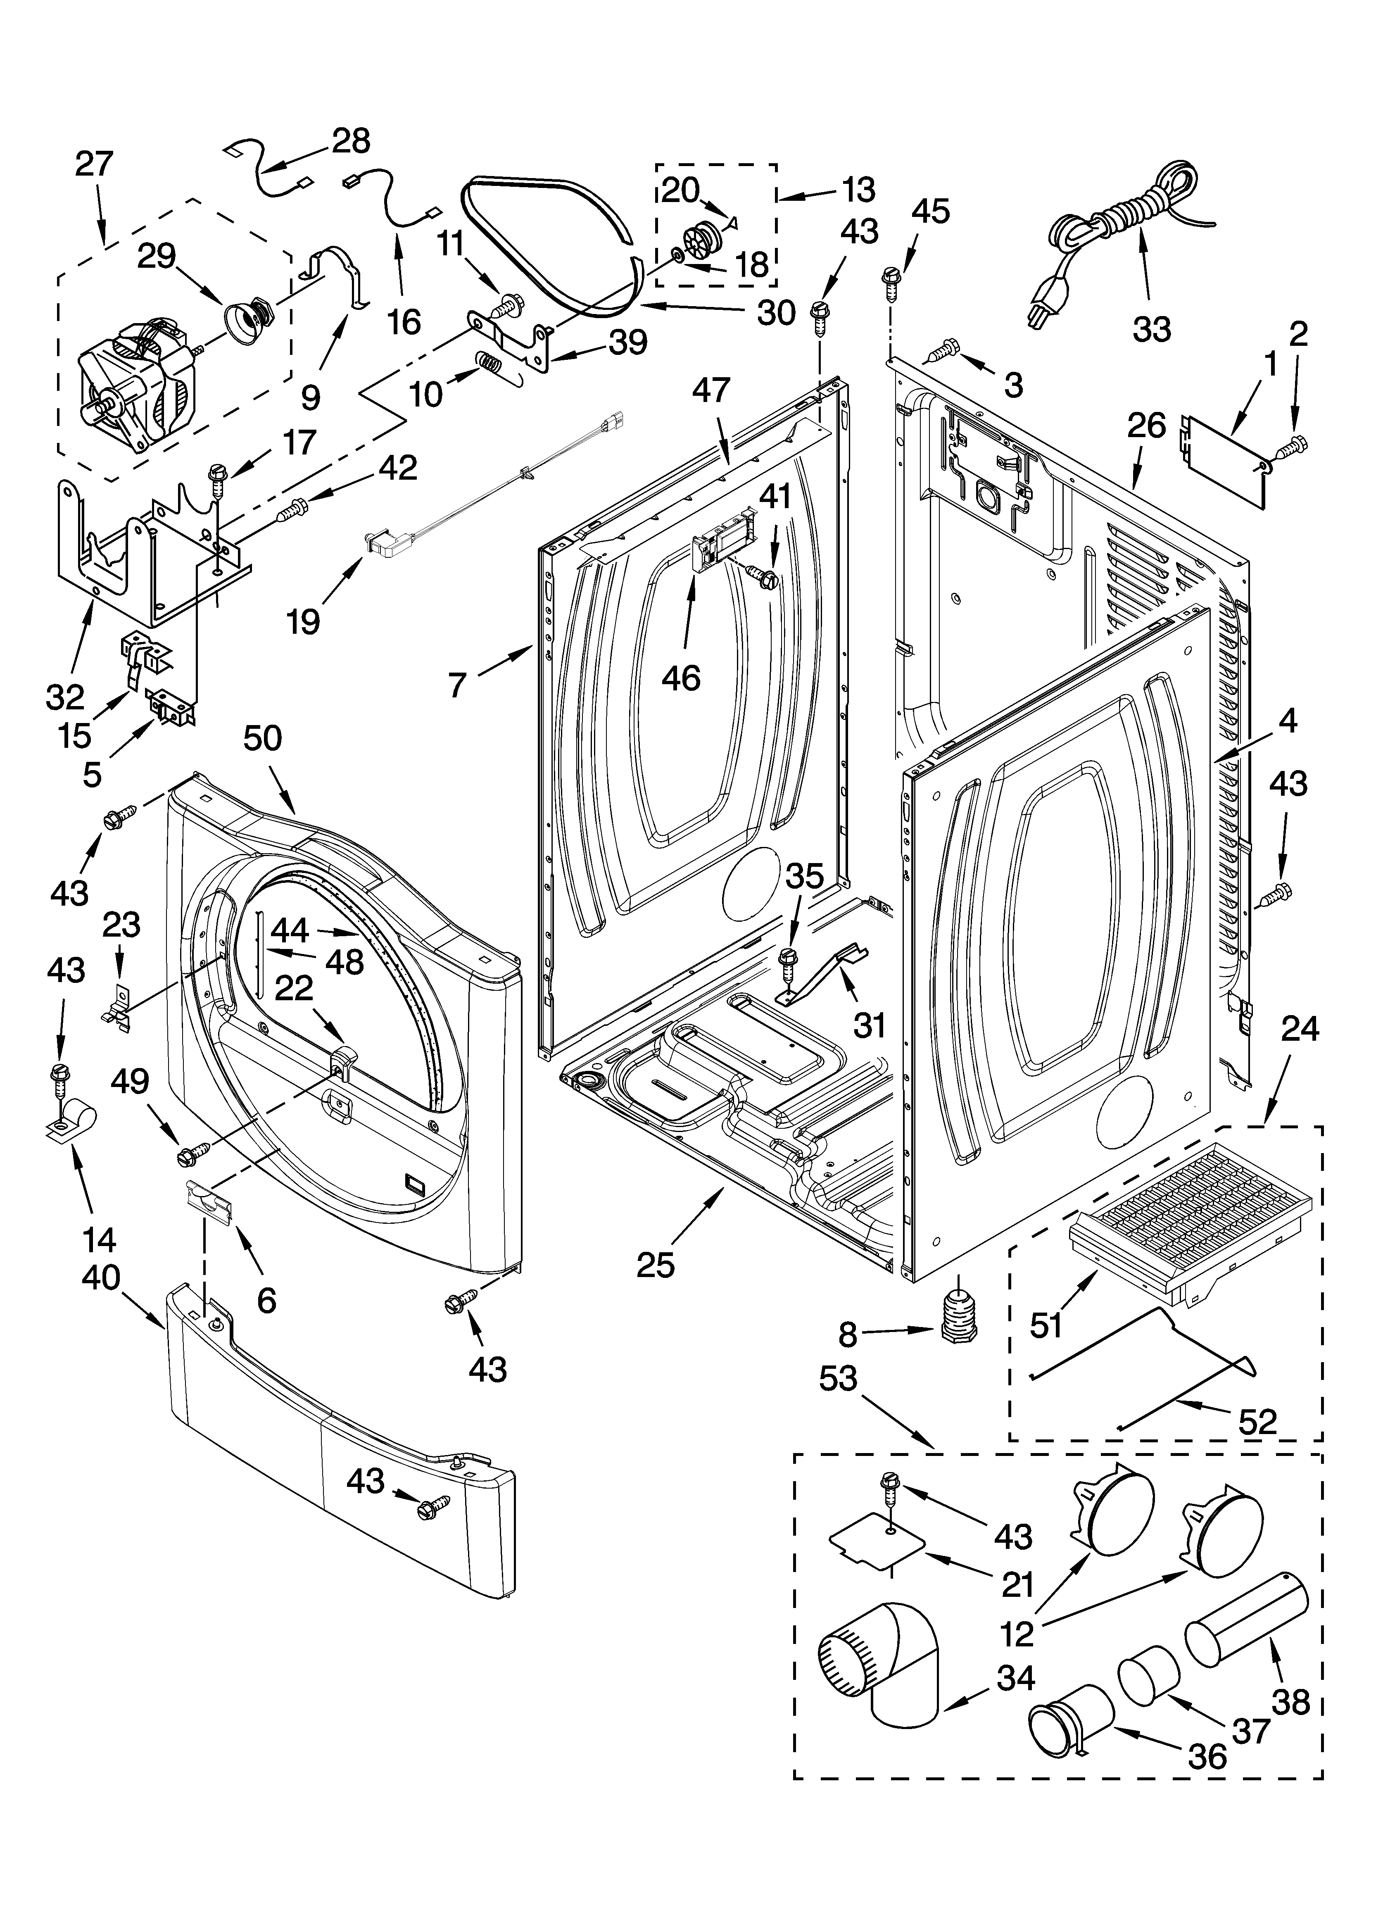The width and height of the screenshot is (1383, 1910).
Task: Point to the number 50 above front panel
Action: pyautogui.click(x=263, y=739)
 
